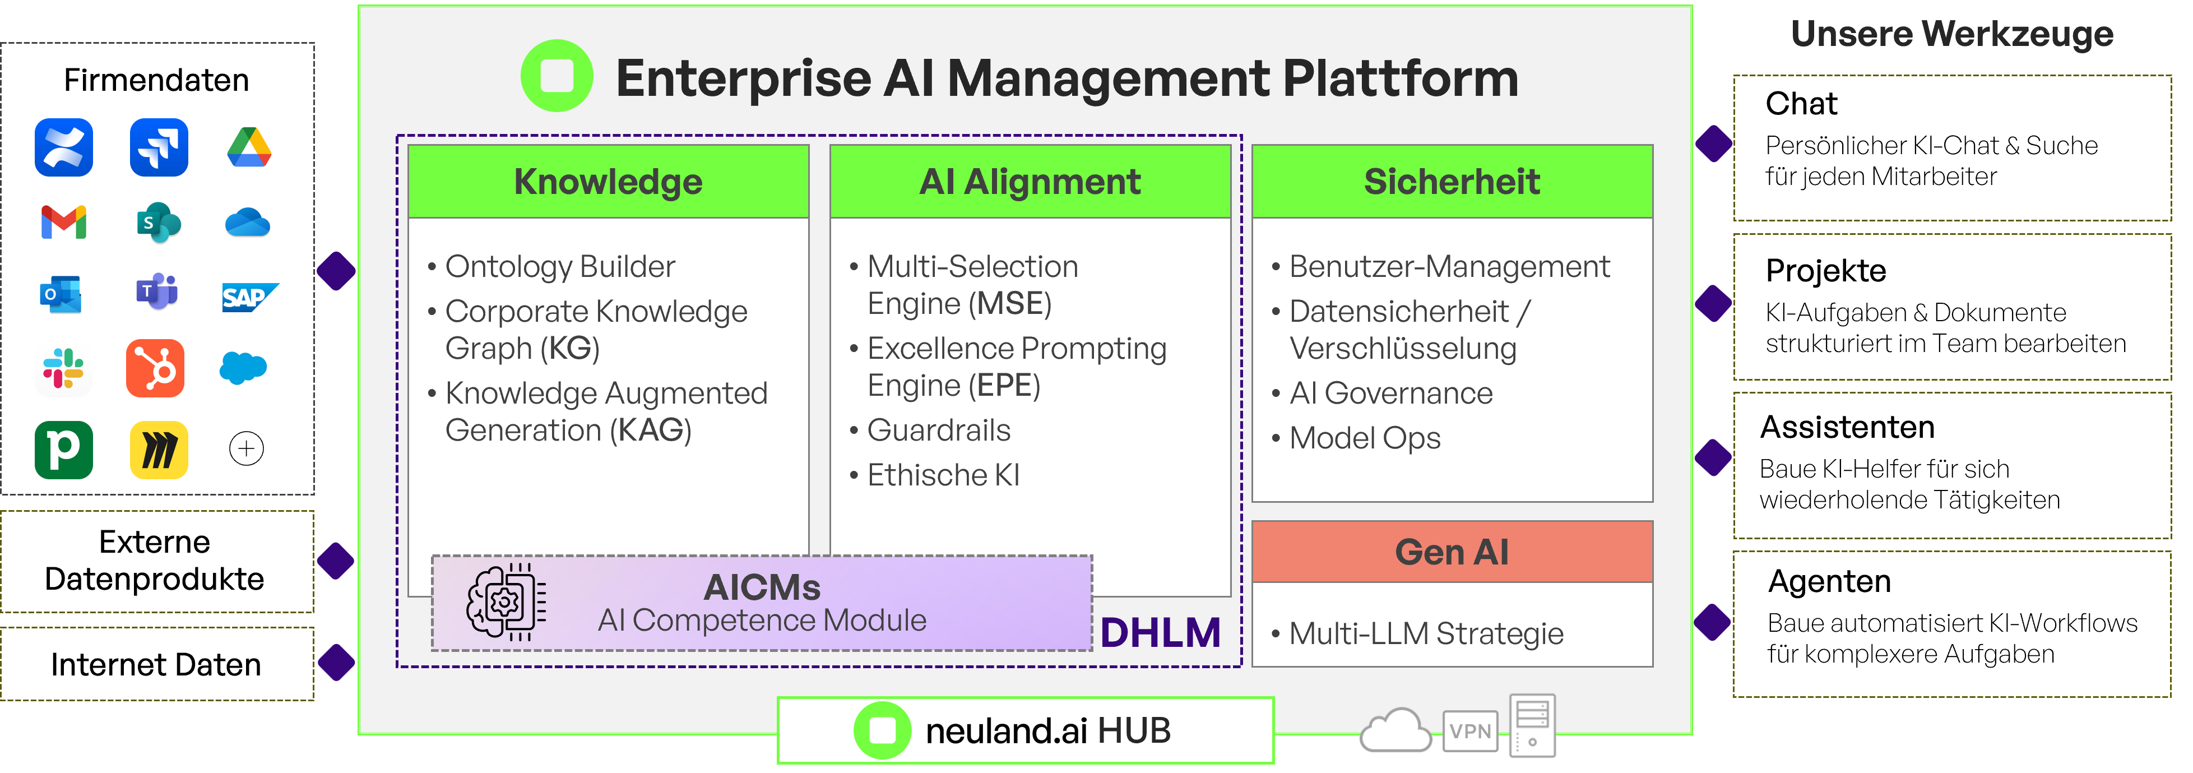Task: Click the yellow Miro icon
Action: tap(159, 450)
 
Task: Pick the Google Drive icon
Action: tap(249, 147)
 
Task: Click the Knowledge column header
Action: tap(608, 181)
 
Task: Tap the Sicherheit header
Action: tap(1452, 181)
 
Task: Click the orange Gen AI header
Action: tap(1452, 552)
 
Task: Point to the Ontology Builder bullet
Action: tap(559, 266)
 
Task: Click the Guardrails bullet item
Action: tap(938, 430)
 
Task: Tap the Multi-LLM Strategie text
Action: tap(1426, 633)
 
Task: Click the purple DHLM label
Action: tap(1160, 632)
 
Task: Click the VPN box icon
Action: tap(1470, 730)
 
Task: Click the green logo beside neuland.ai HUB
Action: tap(882, 730)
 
